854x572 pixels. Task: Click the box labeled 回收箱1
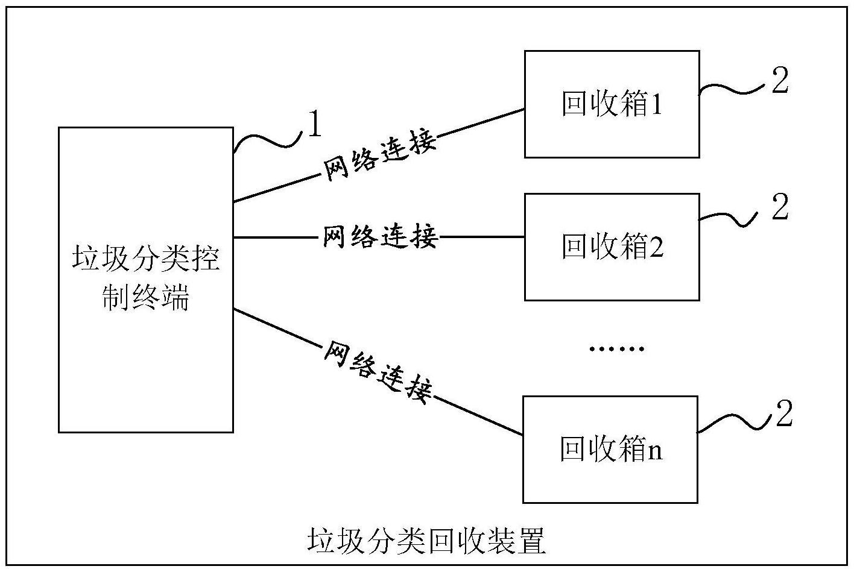click(x=612, y=104)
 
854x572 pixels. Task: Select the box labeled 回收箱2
click(x=612, y=247)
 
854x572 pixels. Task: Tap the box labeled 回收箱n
click(x=610, y=450)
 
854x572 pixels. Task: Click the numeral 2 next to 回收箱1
click(x=780, y=81)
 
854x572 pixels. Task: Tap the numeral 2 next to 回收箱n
click(x=783, y=415)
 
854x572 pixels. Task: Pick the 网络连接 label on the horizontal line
click(x=379, y=237)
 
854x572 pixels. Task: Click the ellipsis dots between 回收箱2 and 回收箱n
click(x=616, y=349)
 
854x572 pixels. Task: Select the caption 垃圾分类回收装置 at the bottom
click(x=426, y=541)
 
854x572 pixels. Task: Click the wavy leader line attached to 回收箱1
click(x=733, y=89)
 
